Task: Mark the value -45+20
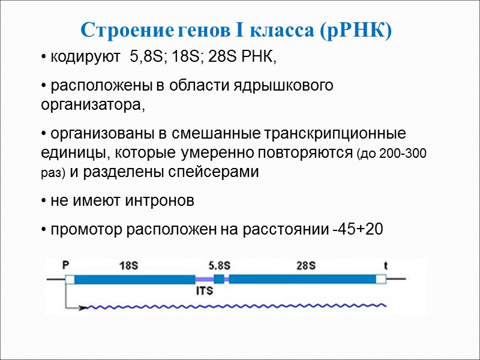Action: pyautogui.click(x=357, y=229)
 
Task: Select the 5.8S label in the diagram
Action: pyautogui.click(x=219, y=265)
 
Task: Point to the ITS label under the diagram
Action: pyautogui.click(x=205, y=292)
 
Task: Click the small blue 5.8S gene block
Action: pyautogui.click(x=218, y=278)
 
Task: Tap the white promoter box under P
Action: pyautogui.click(x=70, y=279)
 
